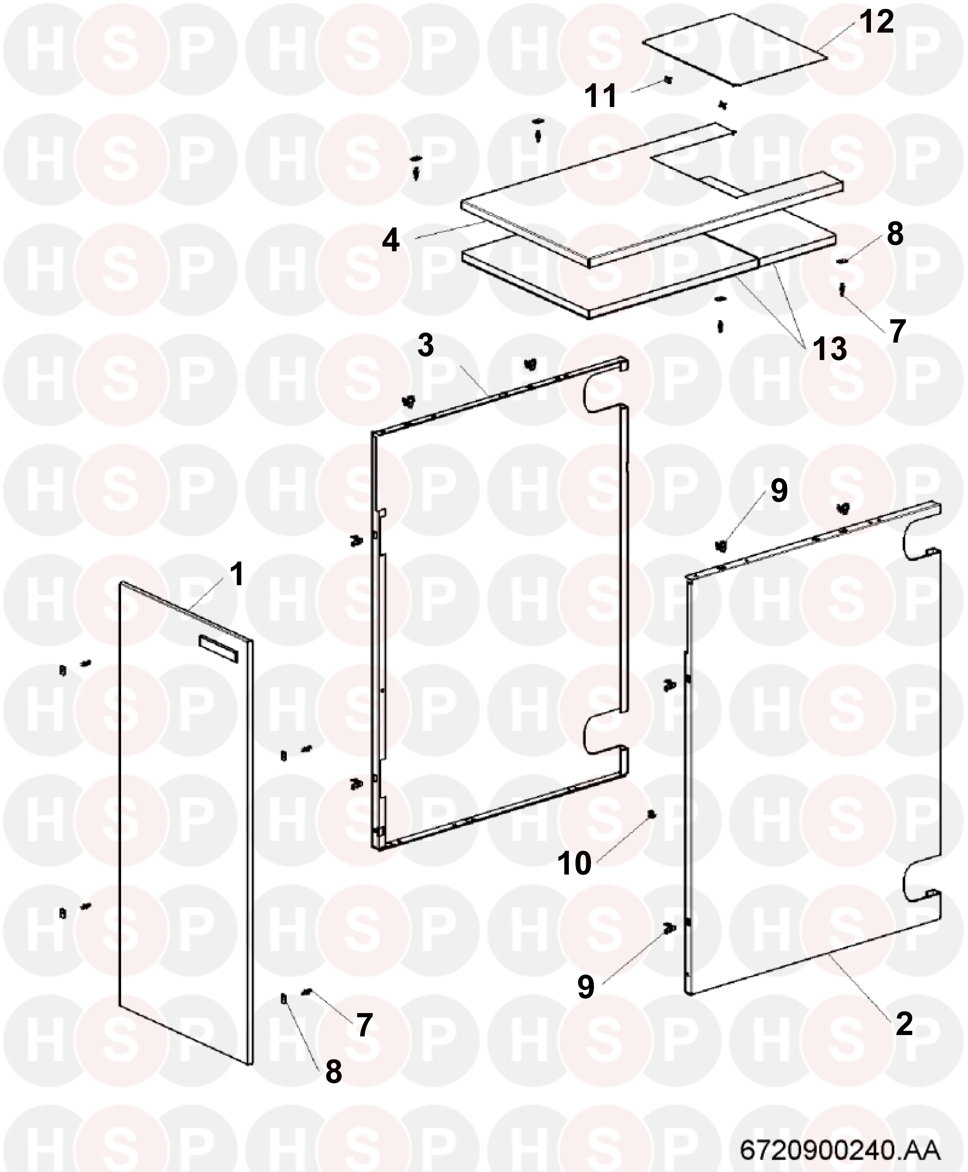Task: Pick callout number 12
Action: [x=876, y=22]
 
